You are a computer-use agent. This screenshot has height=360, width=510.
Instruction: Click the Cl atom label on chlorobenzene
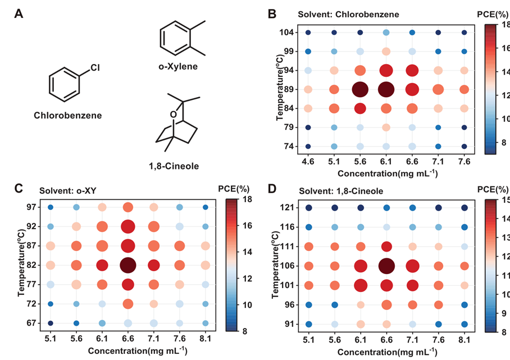[x=95, y=67]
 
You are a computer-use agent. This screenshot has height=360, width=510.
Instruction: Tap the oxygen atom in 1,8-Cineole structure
[x=174, y=115]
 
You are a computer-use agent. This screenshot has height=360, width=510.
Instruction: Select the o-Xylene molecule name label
[x=178, y=66]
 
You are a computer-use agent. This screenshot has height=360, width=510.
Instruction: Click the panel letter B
[x=272, y=14]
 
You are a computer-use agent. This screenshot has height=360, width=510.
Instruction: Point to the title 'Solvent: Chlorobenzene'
[x=348, y=15]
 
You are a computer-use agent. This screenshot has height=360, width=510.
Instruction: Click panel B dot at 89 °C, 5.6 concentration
[x=360, y=89]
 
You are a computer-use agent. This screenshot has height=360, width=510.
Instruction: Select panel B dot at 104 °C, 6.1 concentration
[x=386, y=33]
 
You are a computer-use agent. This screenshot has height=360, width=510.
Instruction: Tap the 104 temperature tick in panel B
[x=286, y=32]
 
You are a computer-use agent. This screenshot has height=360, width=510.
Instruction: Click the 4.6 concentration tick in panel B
[x=308, y=162]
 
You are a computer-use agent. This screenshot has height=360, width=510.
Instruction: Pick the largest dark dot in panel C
[x=128, y=265]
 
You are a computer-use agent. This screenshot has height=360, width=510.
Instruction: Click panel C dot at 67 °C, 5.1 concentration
[x=51, y=323]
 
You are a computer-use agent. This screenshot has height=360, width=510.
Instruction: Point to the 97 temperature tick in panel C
[x=32, y=207]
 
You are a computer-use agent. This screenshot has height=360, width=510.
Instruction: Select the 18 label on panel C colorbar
[x=247, y=199]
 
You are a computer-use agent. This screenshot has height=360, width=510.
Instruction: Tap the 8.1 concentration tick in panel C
[x=205, y=339]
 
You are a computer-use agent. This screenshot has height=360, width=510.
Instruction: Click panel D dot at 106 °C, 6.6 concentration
[x=386, y=266]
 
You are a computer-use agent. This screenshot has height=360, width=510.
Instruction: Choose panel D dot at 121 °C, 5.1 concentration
[x=309, y=208]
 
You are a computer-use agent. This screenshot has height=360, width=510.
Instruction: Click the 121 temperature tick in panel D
[x=287, y=207]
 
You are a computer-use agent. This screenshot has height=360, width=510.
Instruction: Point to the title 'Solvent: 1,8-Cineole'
[x=341, y=191]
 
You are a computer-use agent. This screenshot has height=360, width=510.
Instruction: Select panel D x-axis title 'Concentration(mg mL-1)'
[x=388, y=352]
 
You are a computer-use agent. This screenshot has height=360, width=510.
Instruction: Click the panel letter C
[x=19, y=189]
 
